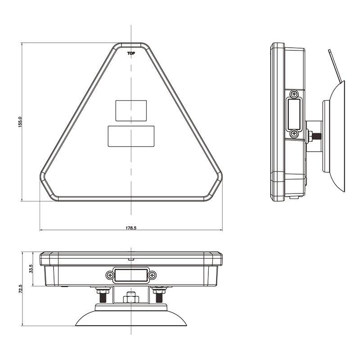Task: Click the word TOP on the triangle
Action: tap(131, 54)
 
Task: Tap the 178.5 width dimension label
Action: tap(130, 228)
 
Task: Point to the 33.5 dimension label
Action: tap(31, 269)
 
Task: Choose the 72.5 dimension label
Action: tap(20, 288)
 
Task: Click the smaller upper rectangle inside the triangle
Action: tap(131, 110)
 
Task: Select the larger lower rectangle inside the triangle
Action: tap(131, 136)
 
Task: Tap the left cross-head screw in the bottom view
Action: tap(110, 275)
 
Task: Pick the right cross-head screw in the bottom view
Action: tap(153, 275)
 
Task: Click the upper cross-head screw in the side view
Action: tap(294, 94)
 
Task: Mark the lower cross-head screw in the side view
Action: tap(294, 133)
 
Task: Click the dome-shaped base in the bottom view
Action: tap(131, 317)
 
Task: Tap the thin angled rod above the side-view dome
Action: tap(334, 65)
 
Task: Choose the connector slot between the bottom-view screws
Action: tap(131, 275)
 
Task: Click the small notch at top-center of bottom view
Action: tap(131, 259)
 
